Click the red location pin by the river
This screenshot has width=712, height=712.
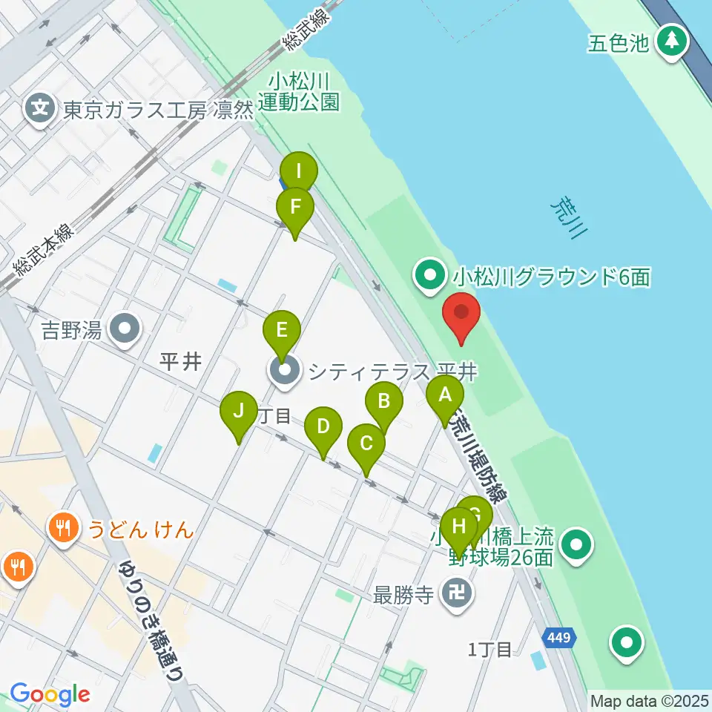pyautogui.click(x=461, y=315)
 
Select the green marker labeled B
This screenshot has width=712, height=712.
pyautogui.click(x=384, y=403)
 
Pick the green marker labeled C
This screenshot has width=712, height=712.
pyautogui.click(x=366, y=446)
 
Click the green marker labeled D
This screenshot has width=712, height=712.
pyautogui.click(x=323, y=429)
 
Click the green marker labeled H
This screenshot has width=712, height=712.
pyautogui.click(x=459, y=529)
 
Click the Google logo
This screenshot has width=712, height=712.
pyautogui.click(x=50, y=695)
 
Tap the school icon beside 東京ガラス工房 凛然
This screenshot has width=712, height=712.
pyautogui.click(x=41, y=110)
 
